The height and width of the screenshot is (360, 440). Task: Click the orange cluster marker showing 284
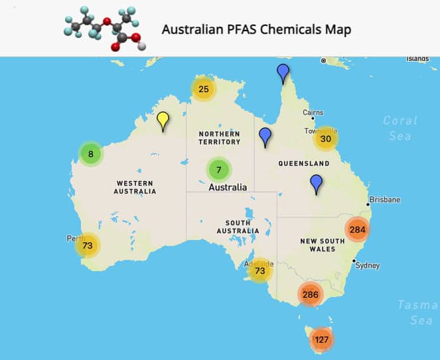[x=357, y=230]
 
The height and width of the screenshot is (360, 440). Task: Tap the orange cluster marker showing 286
[x=310, y=294]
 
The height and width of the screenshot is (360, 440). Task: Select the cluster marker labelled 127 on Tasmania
[x=322, y=339]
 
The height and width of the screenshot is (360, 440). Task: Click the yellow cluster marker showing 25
[x=204, y=89]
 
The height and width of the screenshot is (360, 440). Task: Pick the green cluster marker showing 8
[x=91, y=154]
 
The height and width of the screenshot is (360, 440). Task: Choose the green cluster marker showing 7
[x=218, y=170]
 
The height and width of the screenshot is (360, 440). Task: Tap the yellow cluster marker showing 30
[x=326, y=139]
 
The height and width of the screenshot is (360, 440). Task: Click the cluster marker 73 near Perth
[x=87, y=245]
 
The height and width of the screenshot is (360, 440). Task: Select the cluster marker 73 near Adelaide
[x=260, y=270]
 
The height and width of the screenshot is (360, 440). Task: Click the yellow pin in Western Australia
[x=163, y=121]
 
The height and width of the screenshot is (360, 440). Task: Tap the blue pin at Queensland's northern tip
[x=283, y=72]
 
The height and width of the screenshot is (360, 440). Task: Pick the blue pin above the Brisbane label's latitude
[x=316, y=183]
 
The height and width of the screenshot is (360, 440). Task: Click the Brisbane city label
[x=386, y=200]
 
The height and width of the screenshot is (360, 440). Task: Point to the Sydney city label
[x=368, y=265]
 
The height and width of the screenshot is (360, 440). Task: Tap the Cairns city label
[x=313, y=113]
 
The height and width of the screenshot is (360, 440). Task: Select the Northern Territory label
[x=219, y=138]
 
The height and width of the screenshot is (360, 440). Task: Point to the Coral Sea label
[x=400, y=128]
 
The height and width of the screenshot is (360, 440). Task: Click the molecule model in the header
[x=103, y=29]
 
